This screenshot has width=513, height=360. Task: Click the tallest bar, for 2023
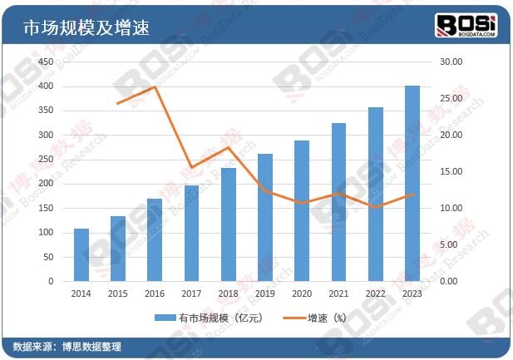(x=412, y=183)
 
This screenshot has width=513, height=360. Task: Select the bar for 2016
(x=155, y=239)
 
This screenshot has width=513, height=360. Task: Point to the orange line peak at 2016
(x=155, y=86)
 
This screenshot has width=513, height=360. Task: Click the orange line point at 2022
(x=376, y=207)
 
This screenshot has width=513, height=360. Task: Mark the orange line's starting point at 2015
(x=118, y=103)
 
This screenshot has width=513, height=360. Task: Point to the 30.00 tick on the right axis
(x=448, y=62)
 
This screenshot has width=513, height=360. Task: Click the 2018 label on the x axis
(x=229, y=293)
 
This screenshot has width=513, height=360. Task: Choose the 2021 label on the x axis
(x=338, y=293)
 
